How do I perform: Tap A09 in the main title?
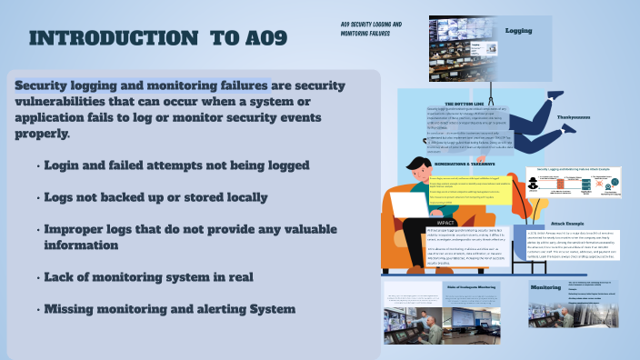tap(238, 38)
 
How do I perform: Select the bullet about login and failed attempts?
tap(177, 165)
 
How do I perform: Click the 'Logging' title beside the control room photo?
tap(518, 30)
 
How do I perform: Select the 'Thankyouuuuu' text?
tap(574, 117)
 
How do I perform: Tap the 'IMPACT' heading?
tap(446, 222)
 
